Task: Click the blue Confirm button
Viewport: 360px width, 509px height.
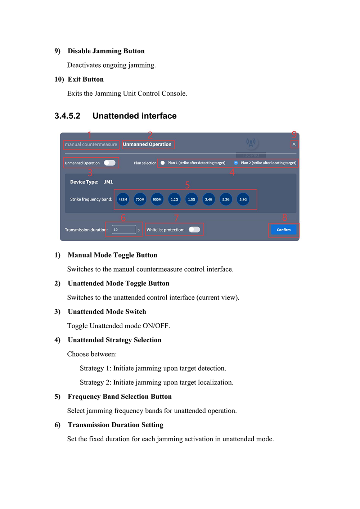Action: click(284, 230)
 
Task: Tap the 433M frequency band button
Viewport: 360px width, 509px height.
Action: click(123, 199)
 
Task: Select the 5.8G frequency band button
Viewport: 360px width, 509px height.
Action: click(243, 199)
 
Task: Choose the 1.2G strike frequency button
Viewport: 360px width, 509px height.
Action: click(174, 199)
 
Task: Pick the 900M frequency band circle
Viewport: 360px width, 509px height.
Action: click(157, 199)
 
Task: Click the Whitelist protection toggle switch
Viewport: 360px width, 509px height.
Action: click(194, 230)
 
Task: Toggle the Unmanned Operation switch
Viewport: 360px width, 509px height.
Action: click(109, 163)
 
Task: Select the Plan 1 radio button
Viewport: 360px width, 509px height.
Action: click(163, 163)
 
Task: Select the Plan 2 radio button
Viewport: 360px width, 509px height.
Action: click(236, 163)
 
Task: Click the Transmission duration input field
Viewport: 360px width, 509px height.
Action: click(123, 230)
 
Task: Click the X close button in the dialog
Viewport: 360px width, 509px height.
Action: click(294, 144)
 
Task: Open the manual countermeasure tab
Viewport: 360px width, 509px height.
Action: click(91, 145)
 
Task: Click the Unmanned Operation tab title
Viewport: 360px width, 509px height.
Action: click(147, 144)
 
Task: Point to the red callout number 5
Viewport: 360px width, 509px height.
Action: click(187, 185)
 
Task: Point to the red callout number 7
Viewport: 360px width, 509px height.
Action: click(176, 218)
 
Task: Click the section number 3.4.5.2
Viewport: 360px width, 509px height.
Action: click(67, 116)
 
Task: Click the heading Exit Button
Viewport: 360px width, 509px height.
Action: click(86, 80)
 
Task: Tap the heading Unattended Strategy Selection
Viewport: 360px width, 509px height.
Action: click(114, 340)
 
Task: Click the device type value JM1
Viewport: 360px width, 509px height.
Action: click(108, 182)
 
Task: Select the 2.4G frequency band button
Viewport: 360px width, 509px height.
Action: click(209, 199)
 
